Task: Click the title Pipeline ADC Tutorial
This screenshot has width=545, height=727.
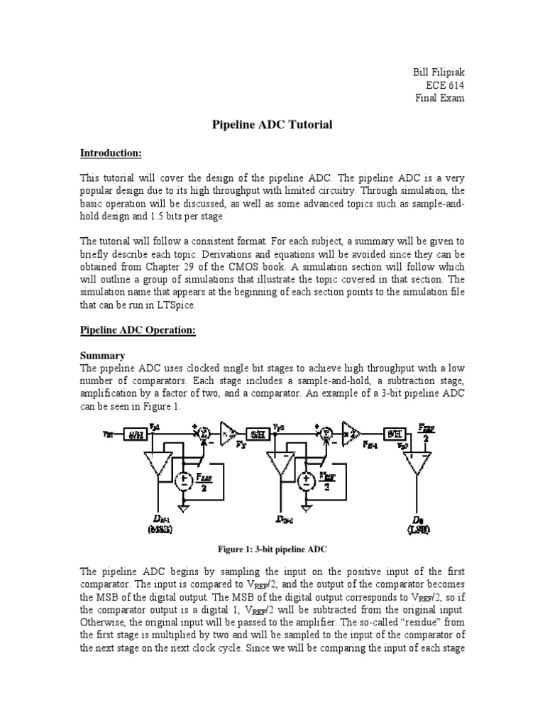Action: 272,124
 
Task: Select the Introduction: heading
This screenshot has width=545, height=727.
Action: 111,153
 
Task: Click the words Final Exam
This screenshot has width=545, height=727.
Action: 439,98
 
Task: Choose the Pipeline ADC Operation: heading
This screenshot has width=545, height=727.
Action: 138,331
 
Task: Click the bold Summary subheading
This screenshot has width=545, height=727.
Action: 103,355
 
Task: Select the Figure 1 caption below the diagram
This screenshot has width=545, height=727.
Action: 272,550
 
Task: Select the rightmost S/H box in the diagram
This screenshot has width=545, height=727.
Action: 393,434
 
